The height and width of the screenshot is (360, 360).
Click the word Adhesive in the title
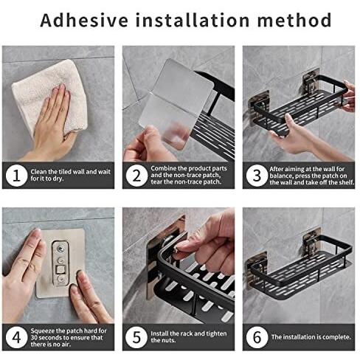point(84,20)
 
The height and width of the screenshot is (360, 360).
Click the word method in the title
point(294,20)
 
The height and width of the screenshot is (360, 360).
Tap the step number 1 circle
point(16,176)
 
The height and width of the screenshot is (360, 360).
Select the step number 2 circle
point(136,176)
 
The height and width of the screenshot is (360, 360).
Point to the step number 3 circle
point(257,176)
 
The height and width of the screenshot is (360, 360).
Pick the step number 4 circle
point(16,337)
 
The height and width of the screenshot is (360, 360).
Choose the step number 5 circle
point(136,337)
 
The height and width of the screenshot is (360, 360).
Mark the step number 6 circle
point(257,337)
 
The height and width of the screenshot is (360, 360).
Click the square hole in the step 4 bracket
point(60,270)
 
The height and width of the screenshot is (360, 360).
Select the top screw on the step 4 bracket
point(60,249)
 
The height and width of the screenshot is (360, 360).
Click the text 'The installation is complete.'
point(311,337)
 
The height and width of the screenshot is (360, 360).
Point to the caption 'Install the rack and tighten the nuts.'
point(189,337)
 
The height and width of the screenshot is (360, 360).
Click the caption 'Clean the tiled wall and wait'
point(71,172)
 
